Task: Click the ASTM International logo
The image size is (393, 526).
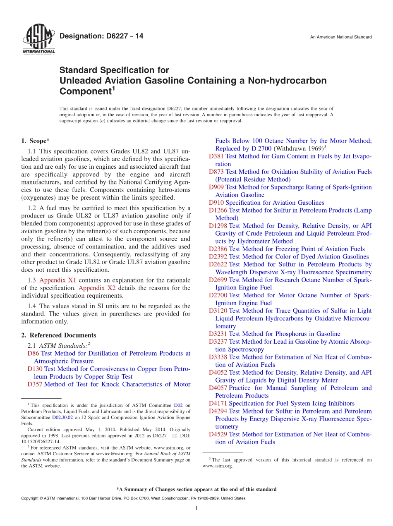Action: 38,39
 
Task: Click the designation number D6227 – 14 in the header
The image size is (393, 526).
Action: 101,36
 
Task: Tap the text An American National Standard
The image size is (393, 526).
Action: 340,37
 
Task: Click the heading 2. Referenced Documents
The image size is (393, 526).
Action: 59,335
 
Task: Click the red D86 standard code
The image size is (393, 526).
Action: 33,353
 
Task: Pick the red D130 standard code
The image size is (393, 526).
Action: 35,369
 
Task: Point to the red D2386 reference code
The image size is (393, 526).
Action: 218,249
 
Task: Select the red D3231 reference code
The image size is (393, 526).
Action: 218,334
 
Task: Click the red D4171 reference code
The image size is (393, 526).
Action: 218,403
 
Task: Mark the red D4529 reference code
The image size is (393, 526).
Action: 218,434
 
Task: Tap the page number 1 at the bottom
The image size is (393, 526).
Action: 196,508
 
